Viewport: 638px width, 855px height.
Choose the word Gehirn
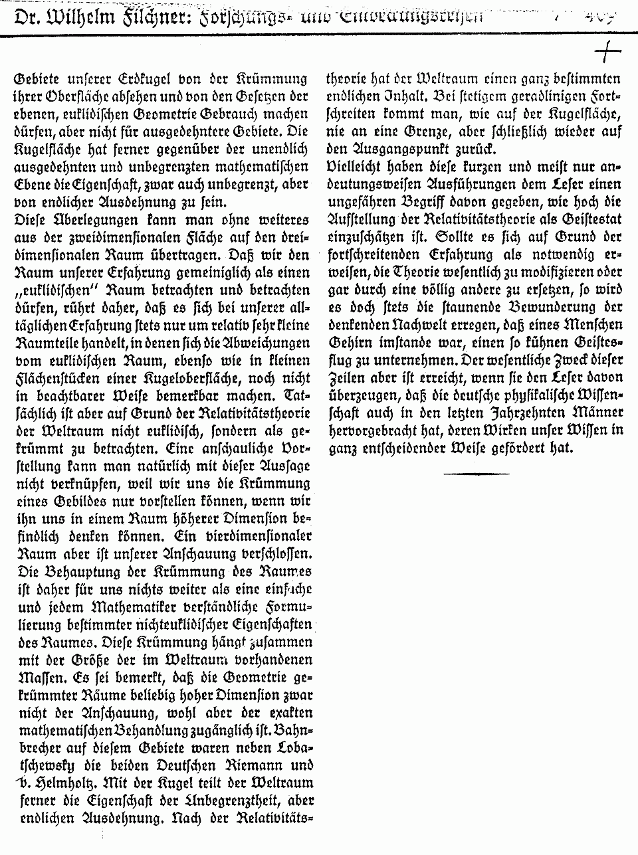coord(350,343)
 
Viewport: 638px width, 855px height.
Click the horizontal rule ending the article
coord(476,472)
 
